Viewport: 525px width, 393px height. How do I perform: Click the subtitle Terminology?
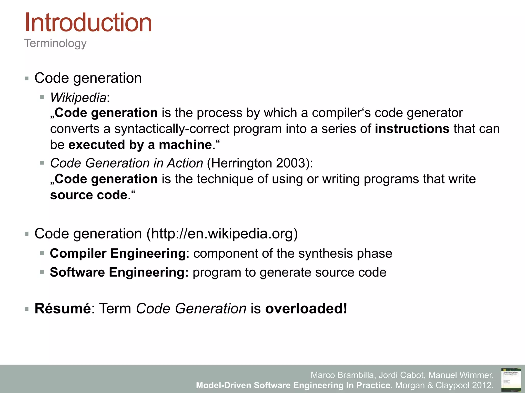tap(55, 43)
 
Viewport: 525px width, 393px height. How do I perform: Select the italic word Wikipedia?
tap(78, 97)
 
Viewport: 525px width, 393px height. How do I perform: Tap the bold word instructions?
tap(412, 129)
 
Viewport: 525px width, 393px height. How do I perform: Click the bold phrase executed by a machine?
tap(140, 145)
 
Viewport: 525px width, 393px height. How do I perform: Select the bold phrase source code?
tap(89, 195)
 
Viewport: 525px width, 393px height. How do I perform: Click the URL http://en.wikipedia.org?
tap(222, 234)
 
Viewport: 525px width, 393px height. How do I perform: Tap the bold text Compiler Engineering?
tap(118, 253)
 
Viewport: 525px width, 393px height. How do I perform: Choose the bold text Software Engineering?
tap(119, 272)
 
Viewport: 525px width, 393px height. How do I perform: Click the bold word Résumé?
tap(63, 308)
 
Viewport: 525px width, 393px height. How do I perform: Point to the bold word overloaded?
tap(306, 308)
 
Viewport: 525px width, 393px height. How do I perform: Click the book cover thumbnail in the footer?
tap(511, 380)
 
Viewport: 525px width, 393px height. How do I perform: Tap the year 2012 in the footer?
tap(482, 385)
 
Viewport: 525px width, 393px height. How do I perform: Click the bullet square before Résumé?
tap(27, 309)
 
